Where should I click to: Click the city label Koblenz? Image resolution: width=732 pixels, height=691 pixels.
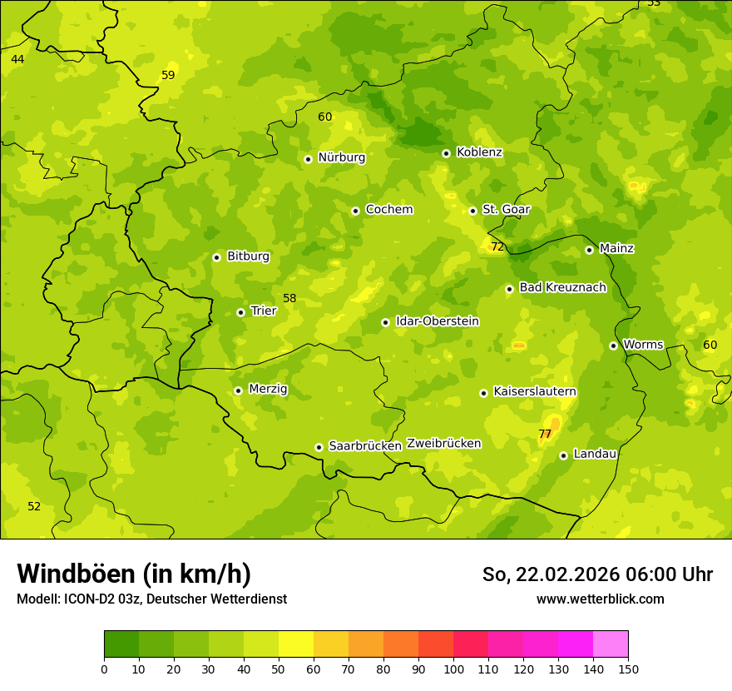(479, 152)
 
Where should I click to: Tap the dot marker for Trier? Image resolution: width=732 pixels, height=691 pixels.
(240, 312)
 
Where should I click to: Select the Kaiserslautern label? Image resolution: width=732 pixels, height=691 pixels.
(534, 391)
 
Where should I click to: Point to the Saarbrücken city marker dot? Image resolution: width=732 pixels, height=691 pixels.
(319, 447)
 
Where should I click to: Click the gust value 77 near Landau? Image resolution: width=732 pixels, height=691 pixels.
(545, 434)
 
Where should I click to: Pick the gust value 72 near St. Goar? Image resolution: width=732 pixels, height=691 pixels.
(497, 246)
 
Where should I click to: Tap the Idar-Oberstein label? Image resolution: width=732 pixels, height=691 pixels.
(437, 321)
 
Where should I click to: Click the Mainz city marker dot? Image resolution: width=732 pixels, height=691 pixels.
(589, 250)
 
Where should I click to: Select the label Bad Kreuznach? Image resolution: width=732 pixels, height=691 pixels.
(562, 287)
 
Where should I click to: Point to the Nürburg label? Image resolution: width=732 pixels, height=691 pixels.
(341, 157)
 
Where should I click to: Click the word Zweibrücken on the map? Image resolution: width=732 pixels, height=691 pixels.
(443, 443)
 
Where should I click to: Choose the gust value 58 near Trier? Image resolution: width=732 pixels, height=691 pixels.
(289, 298)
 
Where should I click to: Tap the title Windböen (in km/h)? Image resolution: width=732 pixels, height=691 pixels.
(134, 574)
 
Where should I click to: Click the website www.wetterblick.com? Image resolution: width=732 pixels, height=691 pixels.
(600, 599)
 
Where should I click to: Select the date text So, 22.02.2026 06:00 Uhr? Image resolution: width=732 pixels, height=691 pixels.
(597, 574)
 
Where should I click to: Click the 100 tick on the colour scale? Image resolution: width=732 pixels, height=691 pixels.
(453, 669)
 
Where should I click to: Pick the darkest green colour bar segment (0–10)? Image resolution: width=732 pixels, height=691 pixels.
(121, 644)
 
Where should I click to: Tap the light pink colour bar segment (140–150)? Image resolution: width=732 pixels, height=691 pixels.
(611, 644)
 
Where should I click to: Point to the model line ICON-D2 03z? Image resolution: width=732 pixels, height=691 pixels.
(151, 599)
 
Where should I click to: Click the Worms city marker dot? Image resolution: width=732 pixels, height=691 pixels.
(613, 345)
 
